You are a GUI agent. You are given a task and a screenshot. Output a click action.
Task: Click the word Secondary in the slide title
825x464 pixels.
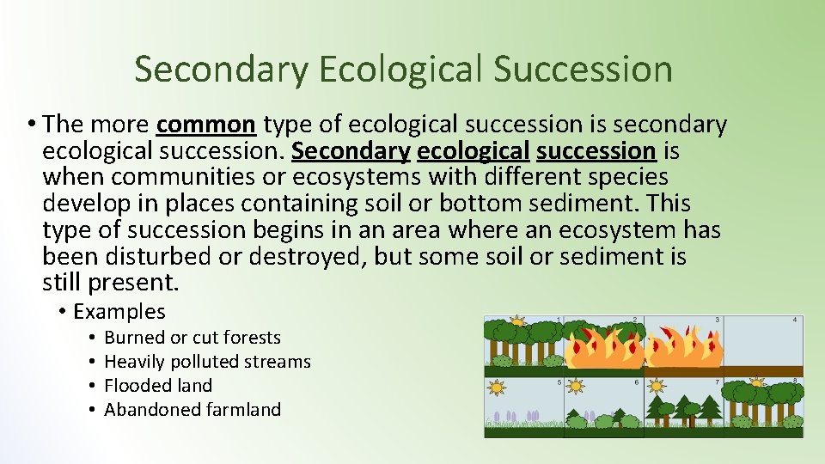click(219, 69)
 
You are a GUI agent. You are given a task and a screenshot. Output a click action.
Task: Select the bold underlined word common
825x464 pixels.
click(206, 125)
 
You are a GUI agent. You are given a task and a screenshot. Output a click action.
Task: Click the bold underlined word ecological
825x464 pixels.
click(473, 151)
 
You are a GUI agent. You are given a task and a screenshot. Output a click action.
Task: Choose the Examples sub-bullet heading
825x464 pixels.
click(119, 311)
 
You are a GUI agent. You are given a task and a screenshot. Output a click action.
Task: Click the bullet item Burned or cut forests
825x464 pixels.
click(192, 338)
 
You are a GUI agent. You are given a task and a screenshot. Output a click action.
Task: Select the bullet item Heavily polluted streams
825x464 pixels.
click(207, 362)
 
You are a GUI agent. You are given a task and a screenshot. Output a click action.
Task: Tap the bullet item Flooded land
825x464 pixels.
click(157, 386)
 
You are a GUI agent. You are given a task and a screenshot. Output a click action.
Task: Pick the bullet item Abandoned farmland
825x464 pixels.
click(192, 410)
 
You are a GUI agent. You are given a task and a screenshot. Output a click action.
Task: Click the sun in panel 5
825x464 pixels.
click(497, 388)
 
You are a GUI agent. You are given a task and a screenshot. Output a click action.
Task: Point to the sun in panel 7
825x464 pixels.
click(657, 386)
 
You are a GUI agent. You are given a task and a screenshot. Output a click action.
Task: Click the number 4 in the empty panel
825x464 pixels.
click(796, 320)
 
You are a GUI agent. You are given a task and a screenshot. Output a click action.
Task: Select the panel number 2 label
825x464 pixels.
click(634, 320)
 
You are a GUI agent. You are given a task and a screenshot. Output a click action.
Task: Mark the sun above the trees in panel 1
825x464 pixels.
click(516, 321)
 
